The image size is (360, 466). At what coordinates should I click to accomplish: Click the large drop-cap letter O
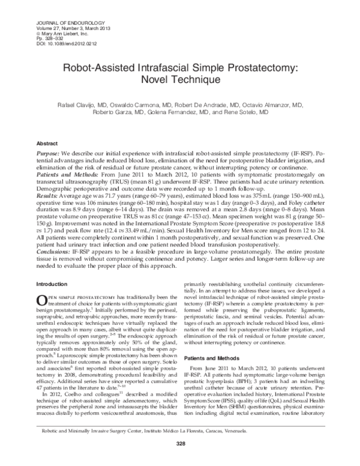43,300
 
